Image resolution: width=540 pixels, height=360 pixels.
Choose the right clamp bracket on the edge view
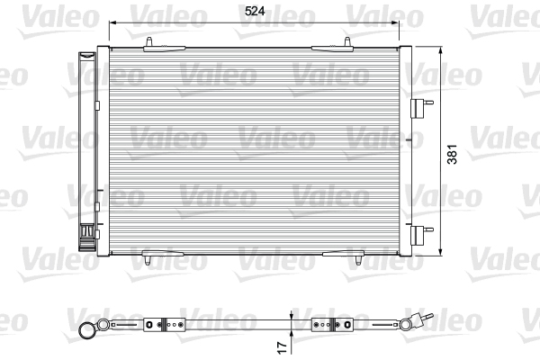coord(321,323)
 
